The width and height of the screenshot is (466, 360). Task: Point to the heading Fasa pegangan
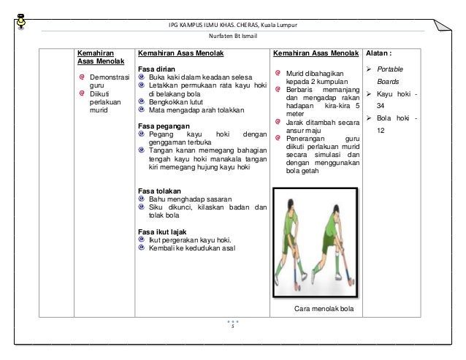(x=160, y=126)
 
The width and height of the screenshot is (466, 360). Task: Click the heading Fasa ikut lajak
(x=160, y=231)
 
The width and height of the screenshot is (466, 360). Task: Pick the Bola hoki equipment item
(x=393, y=119)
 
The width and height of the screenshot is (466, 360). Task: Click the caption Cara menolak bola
(x=323, y=309)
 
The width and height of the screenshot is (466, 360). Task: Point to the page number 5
(x=232, y=326)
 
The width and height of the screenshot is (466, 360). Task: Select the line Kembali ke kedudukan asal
(x=190, y=248)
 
